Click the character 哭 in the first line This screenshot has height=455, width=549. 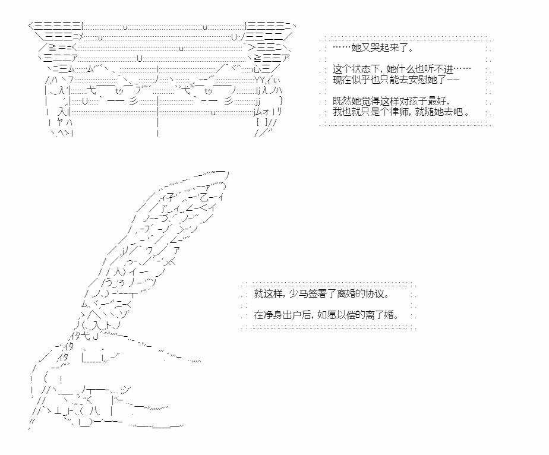pos(375,48)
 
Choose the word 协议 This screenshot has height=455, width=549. pos(375,293)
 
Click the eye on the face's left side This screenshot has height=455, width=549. pos(119,91)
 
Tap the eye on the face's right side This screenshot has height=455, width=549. pos(208,91)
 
